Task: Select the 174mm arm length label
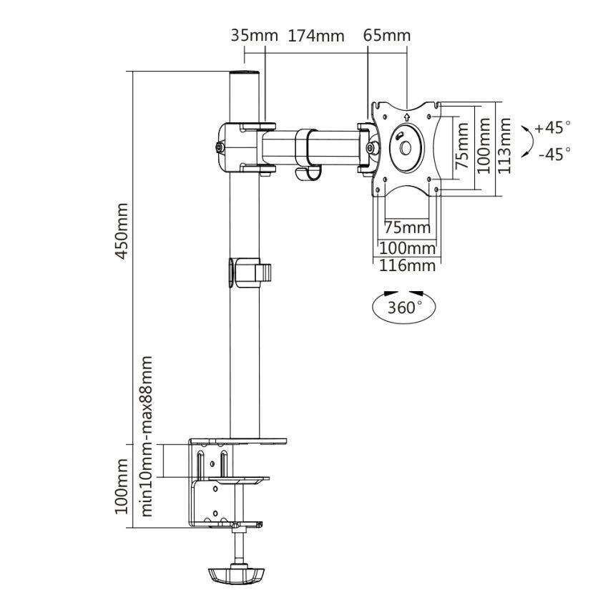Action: pyautogui.click(x=315, y=35)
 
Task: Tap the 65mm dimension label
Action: pyautogui.click(x=387, y=35)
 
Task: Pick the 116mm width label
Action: pyautogui.click(x=407, y=266)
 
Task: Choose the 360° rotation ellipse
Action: pyautogui.click(x=404, y=308)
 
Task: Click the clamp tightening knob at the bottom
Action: pyautogui.click(x=236, y=575)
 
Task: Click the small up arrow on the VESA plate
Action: pyautogui.click(x=407, y=117)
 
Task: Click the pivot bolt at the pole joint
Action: pyautogui.click(x=220, y=148)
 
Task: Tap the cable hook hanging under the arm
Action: pyautogui.click(x=305, y=172)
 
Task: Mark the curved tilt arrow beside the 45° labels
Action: pyautogui.click(x=526, y=140)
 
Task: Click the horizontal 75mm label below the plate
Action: pyautogui.click(x=408, y=228)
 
